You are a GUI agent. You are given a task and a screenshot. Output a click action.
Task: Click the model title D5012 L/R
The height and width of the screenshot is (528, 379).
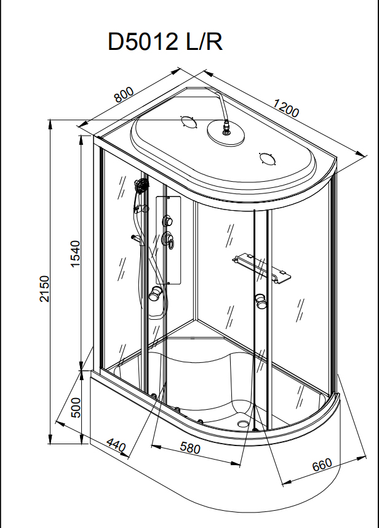pos(165,42)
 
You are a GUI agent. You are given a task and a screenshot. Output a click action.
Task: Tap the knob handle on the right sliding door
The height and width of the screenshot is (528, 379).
pos(261,301)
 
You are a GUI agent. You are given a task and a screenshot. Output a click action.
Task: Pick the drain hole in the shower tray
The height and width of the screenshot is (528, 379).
pos(247,423)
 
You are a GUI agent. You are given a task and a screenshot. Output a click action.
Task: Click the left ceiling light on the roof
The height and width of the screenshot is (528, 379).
pos(187,121)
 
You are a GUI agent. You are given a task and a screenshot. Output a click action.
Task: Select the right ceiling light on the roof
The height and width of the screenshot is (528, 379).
pos(267,158)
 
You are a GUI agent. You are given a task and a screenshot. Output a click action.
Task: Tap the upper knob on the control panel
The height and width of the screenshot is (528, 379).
pos(167,221)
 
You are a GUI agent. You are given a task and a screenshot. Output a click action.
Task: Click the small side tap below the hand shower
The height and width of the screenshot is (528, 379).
pos(134,237)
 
